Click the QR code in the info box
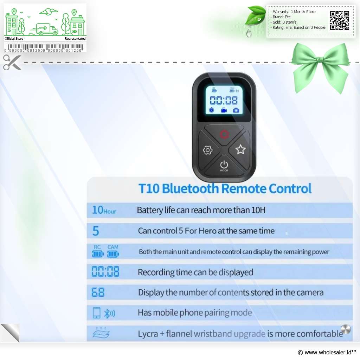(x=340, y=20)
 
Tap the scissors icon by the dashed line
(x=12, y=62)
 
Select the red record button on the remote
(x=224, y=134)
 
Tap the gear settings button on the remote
(x=207, y=150)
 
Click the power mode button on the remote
(x=224, y=166)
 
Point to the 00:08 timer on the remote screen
(x=224, y=100)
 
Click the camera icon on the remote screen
(x=236, y=110)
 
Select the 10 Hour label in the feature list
(x=104, y=210)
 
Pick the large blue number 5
(x=96, y=231)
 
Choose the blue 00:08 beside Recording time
(x=105, y=271)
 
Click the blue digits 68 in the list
(x=98, y=292)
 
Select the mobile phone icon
(x=96, y=313)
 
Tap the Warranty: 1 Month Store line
(x=294, y=12)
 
